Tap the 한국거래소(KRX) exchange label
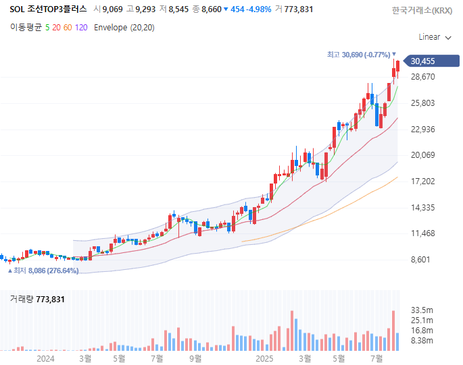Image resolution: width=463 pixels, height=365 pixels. pos(422,10)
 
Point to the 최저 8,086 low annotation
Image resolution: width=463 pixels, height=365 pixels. pos(43,271)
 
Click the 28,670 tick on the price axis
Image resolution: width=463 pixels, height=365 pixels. pos(423,77)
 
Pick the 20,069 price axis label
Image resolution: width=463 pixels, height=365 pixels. pos(423,155)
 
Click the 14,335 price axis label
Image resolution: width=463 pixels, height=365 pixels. pos(423,208)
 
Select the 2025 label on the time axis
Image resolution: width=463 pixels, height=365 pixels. pos(264,359)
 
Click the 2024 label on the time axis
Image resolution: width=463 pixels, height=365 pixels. pos(45,359)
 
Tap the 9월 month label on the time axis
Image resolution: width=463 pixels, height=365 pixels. pos(195,359)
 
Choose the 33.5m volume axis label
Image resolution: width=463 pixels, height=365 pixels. pos(422,310)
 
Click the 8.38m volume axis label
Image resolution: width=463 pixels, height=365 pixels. pos(422,341)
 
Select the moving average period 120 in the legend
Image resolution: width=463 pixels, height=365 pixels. pos(81,28)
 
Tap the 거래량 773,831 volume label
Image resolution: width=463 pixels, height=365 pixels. pos(37,299)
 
